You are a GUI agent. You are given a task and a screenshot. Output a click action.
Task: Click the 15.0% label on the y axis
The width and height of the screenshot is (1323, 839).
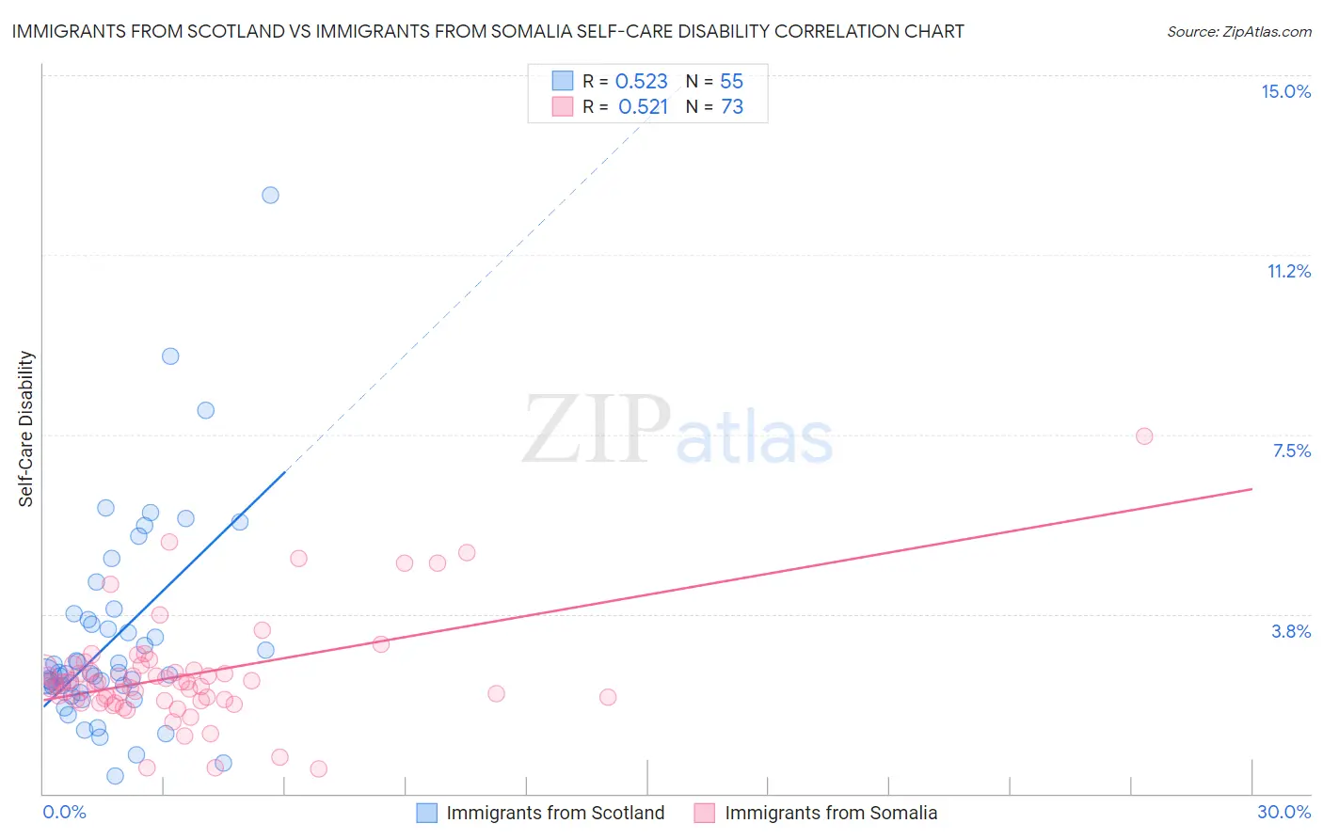[1285, 91]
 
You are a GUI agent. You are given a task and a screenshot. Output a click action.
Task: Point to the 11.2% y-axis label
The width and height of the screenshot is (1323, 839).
[1288, 271]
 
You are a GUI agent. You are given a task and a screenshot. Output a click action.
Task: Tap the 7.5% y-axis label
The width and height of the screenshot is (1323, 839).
[1291, 451]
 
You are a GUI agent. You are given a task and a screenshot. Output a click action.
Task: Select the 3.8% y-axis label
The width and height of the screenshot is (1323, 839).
[1291, 631]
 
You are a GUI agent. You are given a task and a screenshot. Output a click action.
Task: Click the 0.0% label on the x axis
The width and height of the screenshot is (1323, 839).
[64, 812]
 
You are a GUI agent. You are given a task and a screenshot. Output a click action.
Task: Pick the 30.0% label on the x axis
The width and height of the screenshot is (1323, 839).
[1283, 812]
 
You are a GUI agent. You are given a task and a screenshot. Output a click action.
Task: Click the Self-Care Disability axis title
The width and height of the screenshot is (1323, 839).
[26, 429]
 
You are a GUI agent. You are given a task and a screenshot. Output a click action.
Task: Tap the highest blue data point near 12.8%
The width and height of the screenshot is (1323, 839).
[270, 195]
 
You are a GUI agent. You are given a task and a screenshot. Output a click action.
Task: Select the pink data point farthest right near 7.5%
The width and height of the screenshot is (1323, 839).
[1144, 435]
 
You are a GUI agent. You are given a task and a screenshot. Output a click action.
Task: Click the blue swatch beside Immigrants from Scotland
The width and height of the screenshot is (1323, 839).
[426, 813]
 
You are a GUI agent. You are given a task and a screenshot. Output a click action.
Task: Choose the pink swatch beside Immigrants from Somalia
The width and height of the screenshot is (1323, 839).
[705, 813]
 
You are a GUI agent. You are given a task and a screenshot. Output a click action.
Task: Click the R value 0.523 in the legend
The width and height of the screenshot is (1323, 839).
[641, 81]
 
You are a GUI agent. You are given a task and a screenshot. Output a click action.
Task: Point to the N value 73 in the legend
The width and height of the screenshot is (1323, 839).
[732, 107]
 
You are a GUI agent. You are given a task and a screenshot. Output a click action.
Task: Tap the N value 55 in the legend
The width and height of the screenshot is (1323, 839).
[731, 81]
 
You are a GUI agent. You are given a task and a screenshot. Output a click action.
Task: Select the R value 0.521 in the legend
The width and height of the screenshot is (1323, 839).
[643, 107]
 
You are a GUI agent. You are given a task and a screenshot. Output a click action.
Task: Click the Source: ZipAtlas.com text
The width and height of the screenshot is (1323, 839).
[1238, 31]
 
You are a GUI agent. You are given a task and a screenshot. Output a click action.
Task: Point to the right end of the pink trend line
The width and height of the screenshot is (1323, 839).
[1251, 488]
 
